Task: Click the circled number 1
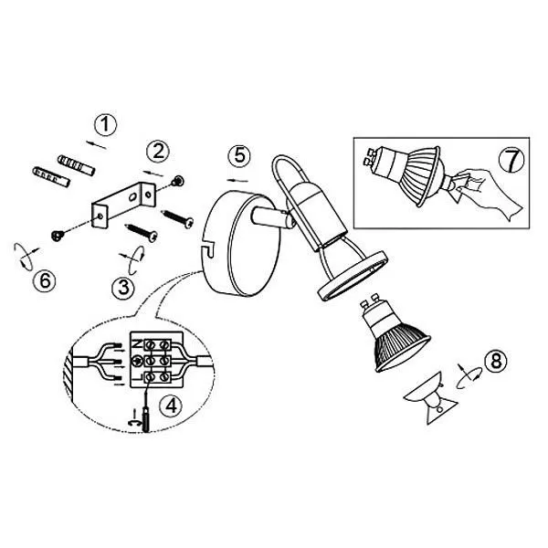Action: [105, 125]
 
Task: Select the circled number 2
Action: [158, 152]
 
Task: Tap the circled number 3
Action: [123, 288]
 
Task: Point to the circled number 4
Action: [171, 406]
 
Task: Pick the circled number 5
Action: [239, 155]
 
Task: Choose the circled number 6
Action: [45, 280]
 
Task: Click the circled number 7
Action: [511, 162]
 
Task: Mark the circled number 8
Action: [496, 361]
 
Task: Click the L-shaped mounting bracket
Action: [123, 205]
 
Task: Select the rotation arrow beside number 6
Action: [26, 257]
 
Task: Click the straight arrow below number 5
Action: [237, 180]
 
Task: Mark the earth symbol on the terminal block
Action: [135, 361]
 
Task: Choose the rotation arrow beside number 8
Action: [469, 376]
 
